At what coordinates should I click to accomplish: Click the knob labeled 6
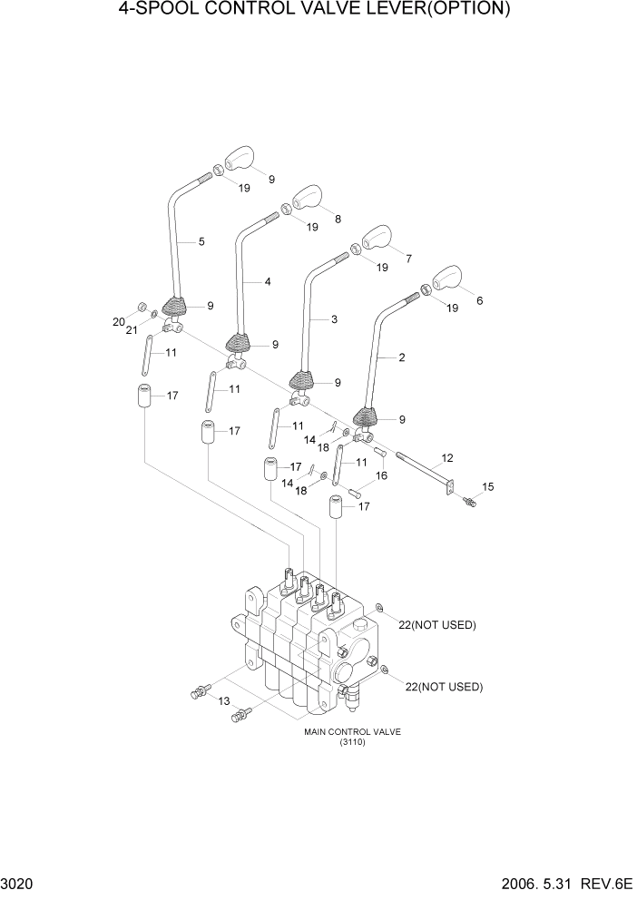tap(446, 279)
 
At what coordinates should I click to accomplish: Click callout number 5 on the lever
tap(201, 241)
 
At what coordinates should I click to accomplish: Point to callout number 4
tap(268, 282)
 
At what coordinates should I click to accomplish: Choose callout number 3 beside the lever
tap(334, 320)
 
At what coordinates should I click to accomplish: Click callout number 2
tap(401, 358)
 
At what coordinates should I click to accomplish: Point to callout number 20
tap(118, 322)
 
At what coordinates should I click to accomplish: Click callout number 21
tap(132, 330)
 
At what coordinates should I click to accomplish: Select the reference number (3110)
tap(352, 743)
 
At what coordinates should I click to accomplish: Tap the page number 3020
tap(18, 884)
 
